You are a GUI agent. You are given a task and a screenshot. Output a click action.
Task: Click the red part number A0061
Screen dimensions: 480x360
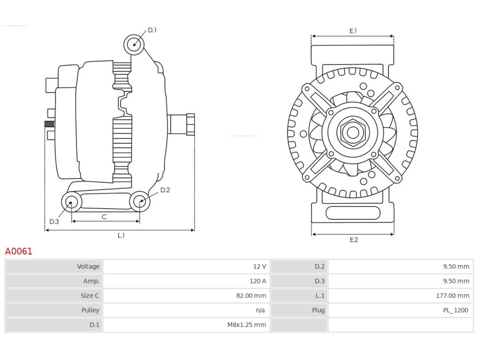coord(19,251)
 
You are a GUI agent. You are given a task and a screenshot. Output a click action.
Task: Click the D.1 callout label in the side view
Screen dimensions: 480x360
coord(152,30)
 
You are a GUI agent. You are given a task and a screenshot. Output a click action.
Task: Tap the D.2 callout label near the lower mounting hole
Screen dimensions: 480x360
coord(165,190)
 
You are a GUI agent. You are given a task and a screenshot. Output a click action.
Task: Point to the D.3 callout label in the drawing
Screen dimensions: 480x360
coord(54,222)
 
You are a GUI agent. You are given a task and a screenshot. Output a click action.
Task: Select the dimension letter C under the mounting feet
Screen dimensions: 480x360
coord(104,217)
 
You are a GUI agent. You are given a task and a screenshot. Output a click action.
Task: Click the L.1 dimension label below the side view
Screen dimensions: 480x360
coord(121,235)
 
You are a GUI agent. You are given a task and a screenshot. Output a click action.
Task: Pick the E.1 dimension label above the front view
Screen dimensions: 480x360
coord(353,31)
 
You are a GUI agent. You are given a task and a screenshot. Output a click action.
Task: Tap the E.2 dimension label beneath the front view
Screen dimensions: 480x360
coord(354,240)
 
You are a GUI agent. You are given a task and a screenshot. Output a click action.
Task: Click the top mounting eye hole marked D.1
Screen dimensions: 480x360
coord(134,45)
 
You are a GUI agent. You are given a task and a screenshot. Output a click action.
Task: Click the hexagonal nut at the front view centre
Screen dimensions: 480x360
coord(353,132)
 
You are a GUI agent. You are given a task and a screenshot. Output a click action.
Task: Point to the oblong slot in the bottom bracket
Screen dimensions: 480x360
coord(353,213)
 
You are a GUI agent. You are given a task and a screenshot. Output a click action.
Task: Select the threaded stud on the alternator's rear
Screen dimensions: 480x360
coord(49,124)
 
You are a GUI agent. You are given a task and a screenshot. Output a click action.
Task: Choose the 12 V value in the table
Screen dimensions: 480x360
coord(259,267)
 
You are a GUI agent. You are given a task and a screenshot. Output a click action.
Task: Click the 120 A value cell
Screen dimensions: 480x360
coord(258,281)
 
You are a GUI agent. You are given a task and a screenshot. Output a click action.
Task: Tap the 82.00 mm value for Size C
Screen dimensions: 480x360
coord(251,296)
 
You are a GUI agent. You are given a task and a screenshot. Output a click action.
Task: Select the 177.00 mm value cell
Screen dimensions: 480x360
coord(453,296)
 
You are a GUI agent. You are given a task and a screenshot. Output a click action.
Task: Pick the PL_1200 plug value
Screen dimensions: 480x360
coord(456,310)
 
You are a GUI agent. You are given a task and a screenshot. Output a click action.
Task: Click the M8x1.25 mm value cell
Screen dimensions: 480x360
coord(247,325)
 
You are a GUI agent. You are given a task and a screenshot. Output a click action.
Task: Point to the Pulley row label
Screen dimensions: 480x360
coord(90,310)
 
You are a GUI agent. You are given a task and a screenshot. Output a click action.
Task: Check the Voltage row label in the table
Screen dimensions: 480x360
coord(88,267)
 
